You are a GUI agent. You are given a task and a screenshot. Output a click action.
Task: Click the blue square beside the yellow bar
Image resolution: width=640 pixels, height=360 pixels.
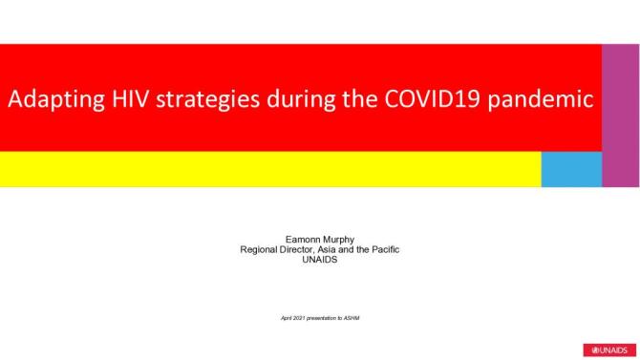[571, 169]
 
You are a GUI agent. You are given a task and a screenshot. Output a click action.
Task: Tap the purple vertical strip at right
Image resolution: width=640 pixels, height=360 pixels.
[621, 115]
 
